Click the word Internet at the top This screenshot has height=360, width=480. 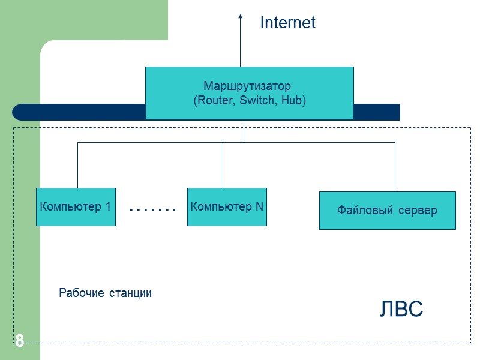tap(287, 23)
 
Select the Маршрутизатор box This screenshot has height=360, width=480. tap(249, 92)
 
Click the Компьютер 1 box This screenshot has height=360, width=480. tap(76, 207)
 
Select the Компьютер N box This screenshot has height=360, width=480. tap(227, 207)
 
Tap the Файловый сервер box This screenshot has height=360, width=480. tap(387, 211)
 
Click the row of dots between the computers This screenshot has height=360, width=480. tap(152, 209)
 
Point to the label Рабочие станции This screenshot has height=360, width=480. tap(105, 293)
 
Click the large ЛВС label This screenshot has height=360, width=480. tap(401, 309)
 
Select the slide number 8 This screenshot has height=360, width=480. tap(20, 341)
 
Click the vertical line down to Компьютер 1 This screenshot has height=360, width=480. tap(77, 165)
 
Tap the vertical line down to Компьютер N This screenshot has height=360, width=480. tap(221, 165)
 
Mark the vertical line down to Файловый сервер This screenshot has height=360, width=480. tap(395, 167)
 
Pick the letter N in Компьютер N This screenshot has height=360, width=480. tap(259, 207)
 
